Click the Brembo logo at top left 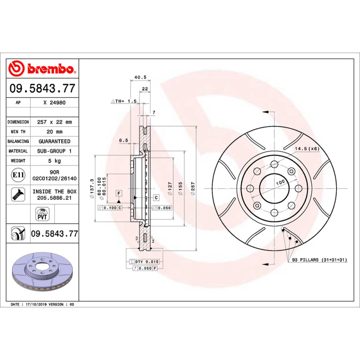pos(41,68)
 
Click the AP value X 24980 pos(54,103)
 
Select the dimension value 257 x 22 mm pos(54,122)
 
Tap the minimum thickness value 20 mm pos(54,132)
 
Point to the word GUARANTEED pos(54,141)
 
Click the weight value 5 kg pos(54,161)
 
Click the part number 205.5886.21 pos(54,198)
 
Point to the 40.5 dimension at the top pos(138,77)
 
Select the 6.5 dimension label pos(124,140)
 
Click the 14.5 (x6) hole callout pos(306,148)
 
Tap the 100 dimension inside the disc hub pos(281,182)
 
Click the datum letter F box pos(119,193)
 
